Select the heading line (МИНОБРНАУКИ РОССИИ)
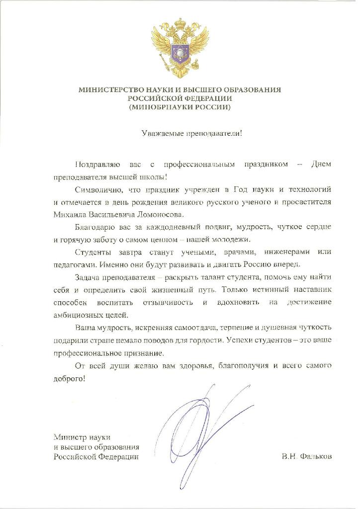point(180,107)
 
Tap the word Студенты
point(93,252)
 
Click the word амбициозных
point(77,314)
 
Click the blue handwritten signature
point(199,427)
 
